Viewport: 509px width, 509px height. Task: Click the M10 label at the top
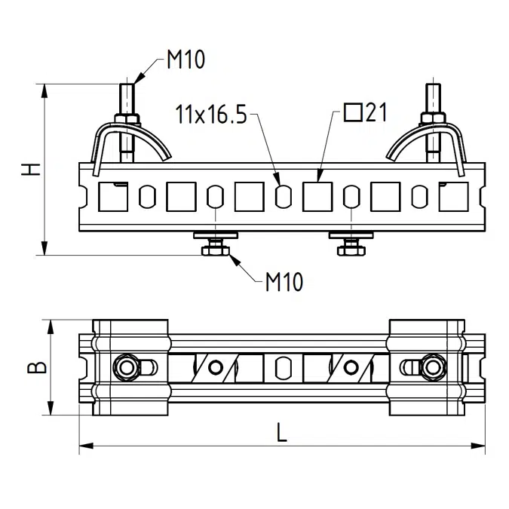pyautogui.click(x=186, y=60)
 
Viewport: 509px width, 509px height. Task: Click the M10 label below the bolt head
pyautogui.click(x=284, y=282)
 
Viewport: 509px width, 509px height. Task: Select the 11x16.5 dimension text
pyautogui.click(x=211, y=115)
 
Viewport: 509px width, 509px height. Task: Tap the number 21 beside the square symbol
pyautogui.click(x=376, y=112)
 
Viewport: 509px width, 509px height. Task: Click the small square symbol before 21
pyautogui.click(x=353, y=112)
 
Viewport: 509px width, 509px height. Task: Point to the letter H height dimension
pyautogui.click(x=31, y=170)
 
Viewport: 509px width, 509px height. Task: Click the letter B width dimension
pyautogui.click(x=37, y=367)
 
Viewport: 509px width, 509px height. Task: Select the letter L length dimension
pyautogui.click(x=282, y=432)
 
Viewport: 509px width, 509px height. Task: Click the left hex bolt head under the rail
pyautogui.click(x=216, y=251)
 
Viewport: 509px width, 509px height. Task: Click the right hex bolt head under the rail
pyautogui.click(x=351, y=251)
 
